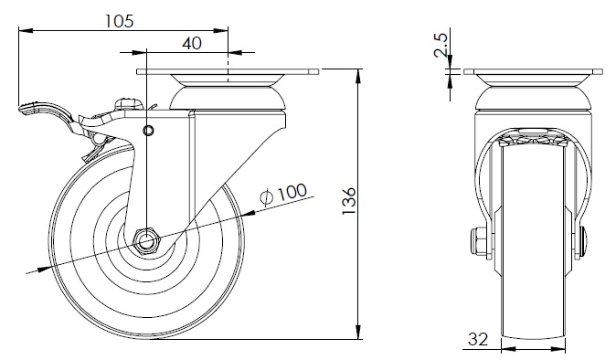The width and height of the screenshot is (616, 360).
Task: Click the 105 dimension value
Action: (120, 21)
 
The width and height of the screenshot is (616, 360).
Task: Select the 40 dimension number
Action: (192, 43)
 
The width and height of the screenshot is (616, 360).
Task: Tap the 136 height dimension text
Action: (349, 201)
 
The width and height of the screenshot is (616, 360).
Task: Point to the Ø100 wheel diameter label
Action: (283, 194)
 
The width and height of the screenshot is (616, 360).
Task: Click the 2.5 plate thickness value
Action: (441, 45)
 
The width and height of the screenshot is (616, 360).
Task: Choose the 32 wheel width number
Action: (478, 339)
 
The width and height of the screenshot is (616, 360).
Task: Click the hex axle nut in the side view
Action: (146, 240)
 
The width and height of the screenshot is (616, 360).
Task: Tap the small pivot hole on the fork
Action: (148, 131)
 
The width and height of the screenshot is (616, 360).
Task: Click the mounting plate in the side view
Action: (228, 72)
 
